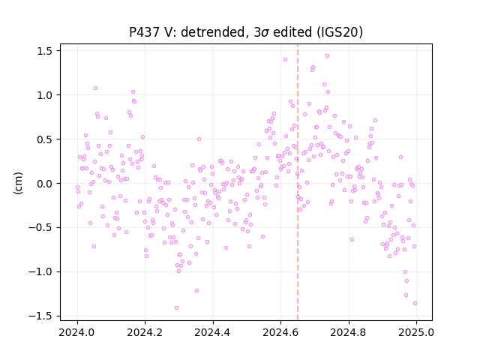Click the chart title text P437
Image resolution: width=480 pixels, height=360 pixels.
click(x=144, y=32)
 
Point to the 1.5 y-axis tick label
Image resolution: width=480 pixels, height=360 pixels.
click(x=45, y=51)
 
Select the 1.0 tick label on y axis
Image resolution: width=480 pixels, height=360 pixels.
click(x=45, y=95)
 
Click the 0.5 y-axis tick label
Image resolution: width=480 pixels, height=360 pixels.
click(x=45, y=139)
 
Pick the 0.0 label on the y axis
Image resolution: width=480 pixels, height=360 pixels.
click(x=45, y=184)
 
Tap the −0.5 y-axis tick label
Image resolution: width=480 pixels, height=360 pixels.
click(x=40, y=228)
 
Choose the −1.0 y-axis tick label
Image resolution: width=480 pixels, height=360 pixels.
click(x=40, y=271)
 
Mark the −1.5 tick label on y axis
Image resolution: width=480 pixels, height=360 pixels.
click(x=40, y=316)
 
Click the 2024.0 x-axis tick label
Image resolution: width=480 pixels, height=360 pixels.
click(x=77, y=332)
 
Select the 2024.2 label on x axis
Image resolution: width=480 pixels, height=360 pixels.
click(x=145, y=332)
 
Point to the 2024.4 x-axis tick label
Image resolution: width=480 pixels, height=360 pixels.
click(x=213, y=332)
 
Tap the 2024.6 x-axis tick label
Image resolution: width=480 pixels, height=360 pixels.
click(x=280, y=332)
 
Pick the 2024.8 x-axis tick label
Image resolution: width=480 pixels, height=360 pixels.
click(x=348, y=332)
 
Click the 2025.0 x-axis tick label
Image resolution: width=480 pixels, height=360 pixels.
click(x=416, y=332)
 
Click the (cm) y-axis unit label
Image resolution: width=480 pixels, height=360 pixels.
click(x=18, y=183)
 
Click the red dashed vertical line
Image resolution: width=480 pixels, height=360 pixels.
click(x=298, y=182)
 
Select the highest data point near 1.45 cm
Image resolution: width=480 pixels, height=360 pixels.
click(x=327, y=56)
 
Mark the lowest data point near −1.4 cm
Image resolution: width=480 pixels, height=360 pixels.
click(x=177, y=308)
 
